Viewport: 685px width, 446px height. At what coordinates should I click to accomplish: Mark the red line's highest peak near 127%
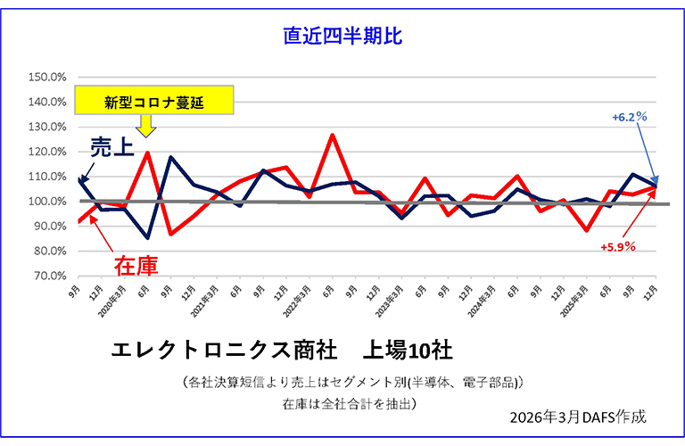pos(332,135)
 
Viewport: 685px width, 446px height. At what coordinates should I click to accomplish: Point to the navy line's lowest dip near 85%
pos(147,238)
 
